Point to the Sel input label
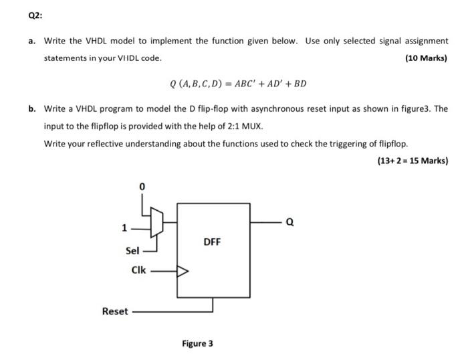pos(132,251)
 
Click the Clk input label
pos(139,272)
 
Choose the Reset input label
pos(114,311)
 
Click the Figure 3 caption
pos(197,344)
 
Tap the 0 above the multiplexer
pos(141,186)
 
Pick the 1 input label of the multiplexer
pos(124,228)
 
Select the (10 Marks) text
pos(427,58)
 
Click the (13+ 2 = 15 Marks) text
pos(413,161)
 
